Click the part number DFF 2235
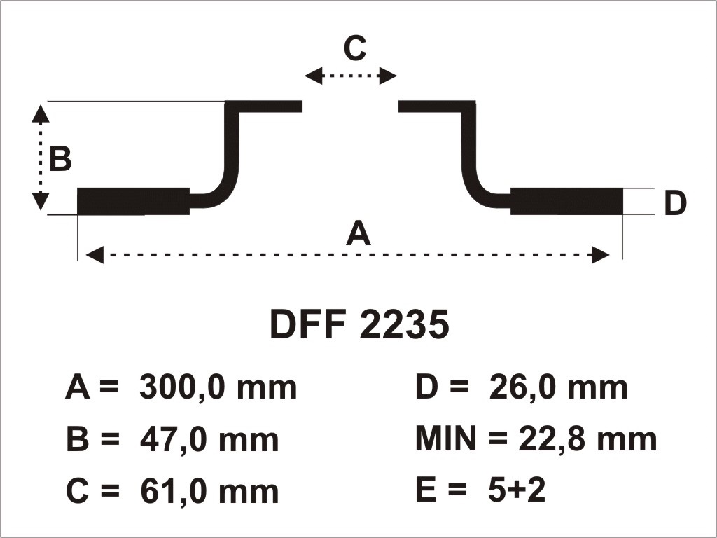359,324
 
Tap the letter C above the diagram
355,48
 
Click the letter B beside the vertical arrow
60,159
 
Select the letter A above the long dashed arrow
358,233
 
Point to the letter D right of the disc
675,203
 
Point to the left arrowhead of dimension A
95,255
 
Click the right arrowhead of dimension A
601,255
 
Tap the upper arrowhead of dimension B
41,114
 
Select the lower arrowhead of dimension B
41,201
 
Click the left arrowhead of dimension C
314,76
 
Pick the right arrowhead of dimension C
388,76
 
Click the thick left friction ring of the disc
134,201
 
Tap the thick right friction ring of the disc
566,201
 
